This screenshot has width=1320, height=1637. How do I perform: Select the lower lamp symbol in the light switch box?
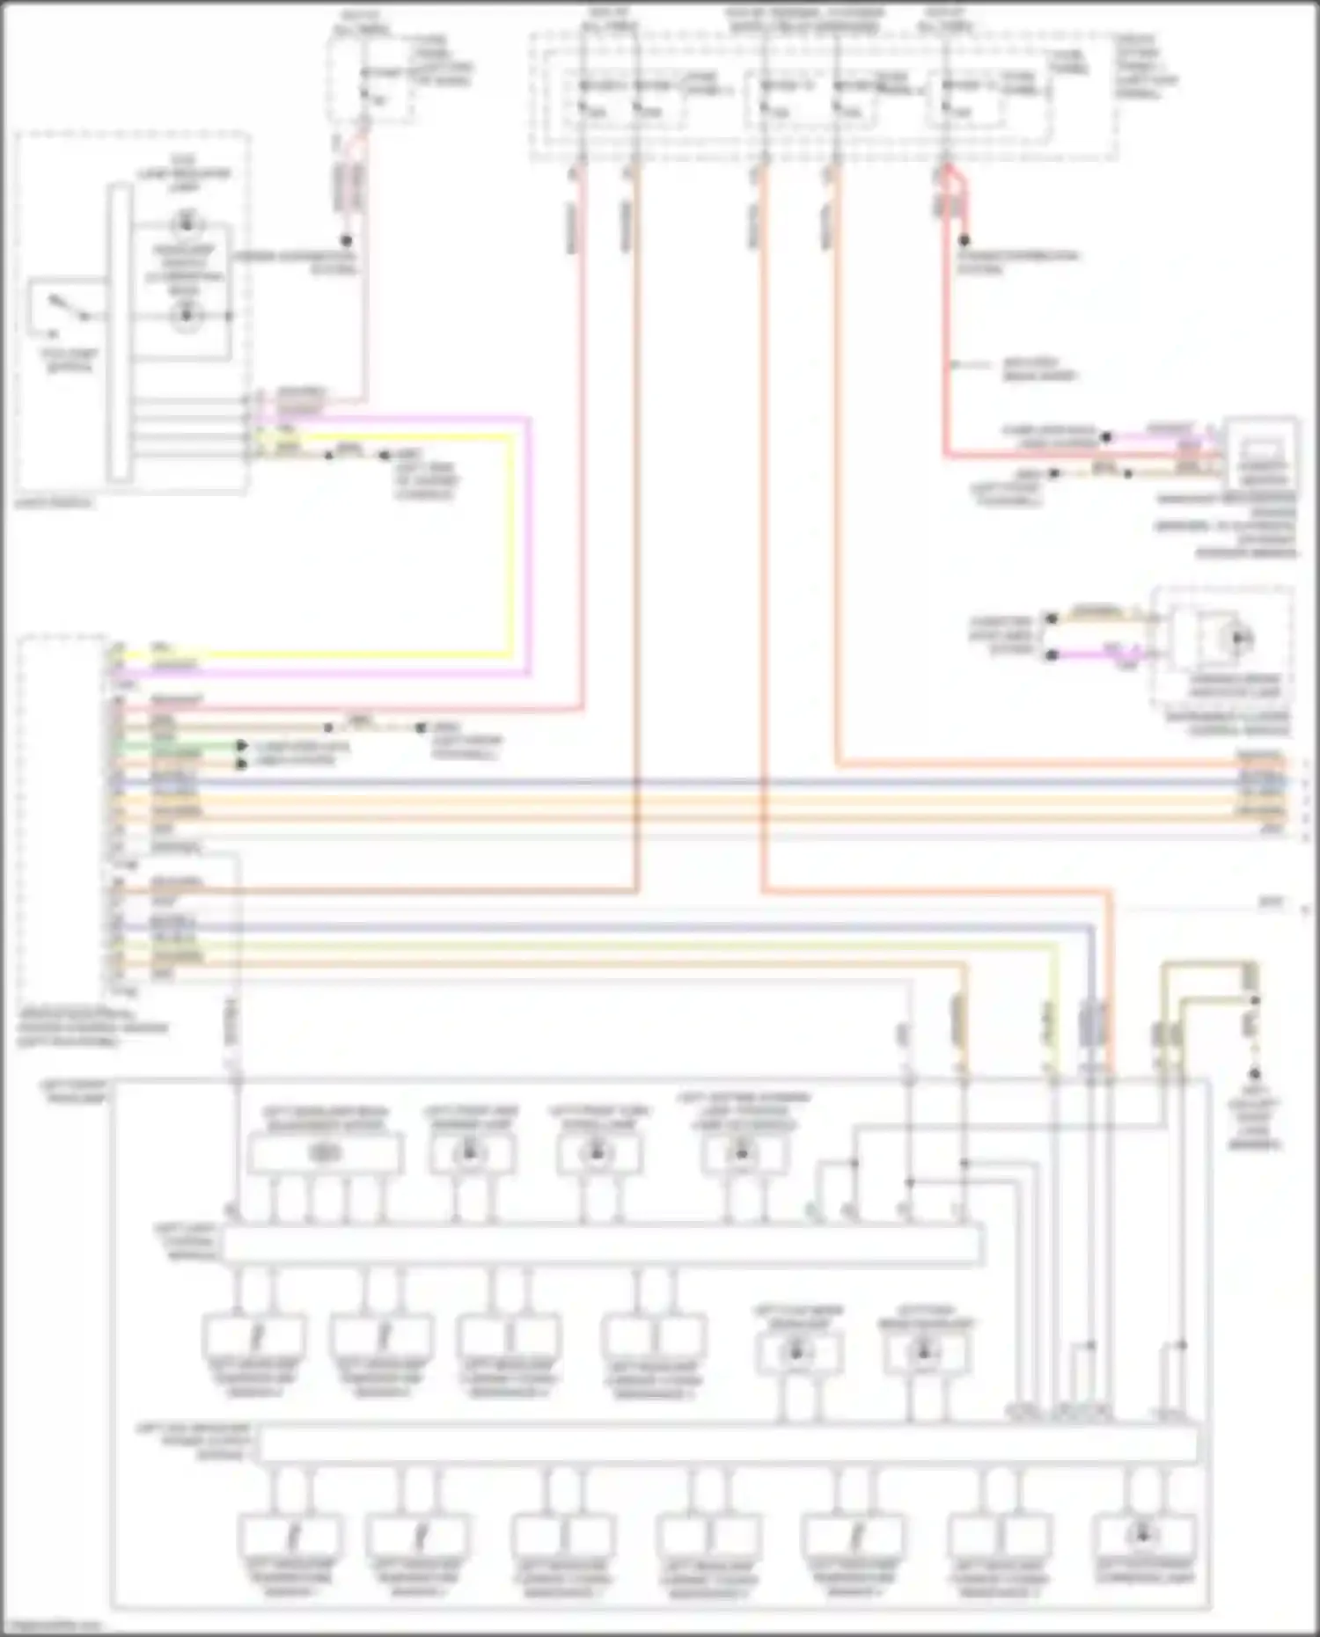186,314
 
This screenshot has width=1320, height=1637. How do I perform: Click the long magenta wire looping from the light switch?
529,545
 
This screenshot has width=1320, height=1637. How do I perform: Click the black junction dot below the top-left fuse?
347,240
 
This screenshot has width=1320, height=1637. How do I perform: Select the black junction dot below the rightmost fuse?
964,240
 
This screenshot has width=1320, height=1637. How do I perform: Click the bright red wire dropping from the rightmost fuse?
946,352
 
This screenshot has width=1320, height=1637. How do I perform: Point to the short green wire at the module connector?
176,746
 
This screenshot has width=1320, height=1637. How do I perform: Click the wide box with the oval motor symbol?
325,1153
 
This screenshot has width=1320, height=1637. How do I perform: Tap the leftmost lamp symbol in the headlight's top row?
472,1151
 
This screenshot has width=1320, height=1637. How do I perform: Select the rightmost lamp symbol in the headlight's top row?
741,1151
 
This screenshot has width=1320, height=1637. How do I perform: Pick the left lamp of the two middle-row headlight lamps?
797,1352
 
